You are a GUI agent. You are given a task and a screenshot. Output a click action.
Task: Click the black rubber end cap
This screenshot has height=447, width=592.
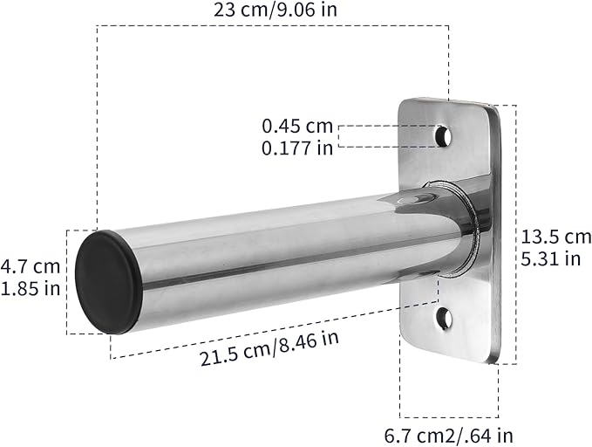[109, 282]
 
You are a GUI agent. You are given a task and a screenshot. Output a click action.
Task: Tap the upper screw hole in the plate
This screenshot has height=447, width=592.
[445, 136]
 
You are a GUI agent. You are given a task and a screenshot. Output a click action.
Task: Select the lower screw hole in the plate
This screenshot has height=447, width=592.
[445, 319]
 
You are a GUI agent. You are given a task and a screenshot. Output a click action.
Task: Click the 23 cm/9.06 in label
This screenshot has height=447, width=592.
[276, 10]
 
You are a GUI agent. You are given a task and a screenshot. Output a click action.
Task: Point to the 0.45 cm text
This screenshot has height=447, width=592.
[297, 126]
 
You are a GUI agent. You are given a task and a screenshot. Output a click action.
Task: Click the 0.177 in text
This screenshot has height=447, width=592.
[297, 148]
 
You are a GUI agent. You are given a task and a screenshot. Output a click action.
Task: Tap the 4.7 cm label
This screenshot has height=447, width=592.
[31, 266]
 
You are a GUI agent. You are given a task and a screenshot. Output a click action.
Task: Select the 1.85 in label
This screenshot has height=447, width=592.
[31, 289]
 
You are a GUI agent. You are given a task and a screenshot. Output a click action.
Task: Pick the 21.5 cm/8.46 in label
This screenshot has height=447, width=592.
[269, 348]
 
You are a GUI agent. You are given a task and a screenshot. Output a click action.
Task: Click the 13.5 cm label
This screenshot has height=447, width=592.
[556, 237]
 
